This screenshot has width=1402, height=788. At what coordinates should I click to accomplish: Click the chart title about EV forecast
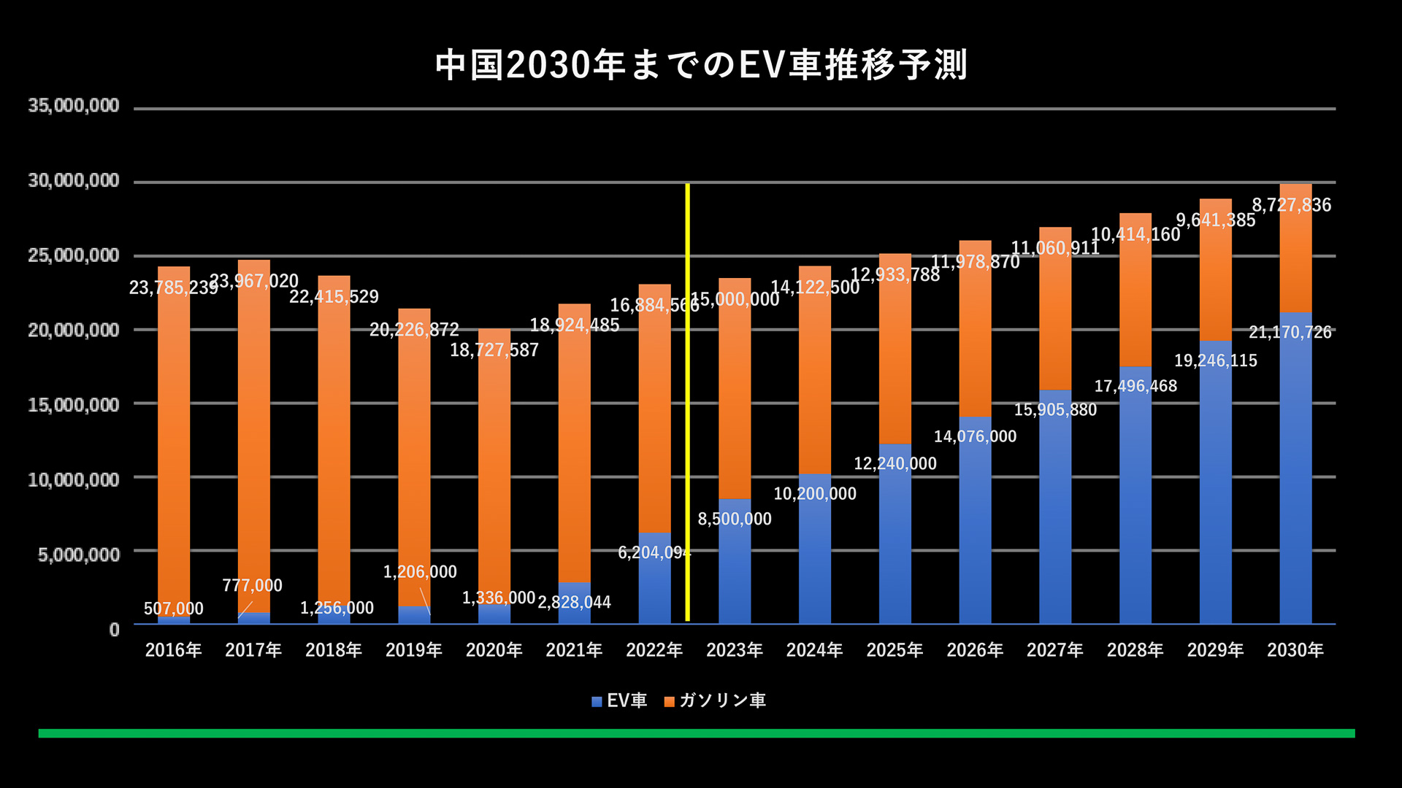[x=701, y=65]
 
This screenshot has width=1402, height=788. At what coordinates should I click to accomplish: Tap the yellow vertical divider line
[x=687, y=401]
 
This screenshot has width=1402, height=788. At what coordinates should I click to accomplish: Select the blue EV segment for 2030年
[x=1295, y=467]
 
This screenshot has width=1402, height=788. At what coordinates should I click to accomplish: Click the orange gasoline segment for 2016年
[x=174, y=438]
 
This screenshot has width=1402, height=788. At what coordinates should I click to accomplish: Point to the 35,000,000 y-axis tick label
[x=73, y=106]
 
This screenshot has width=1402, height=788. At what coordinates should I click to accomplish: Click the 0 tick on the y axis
[x=114, y=629]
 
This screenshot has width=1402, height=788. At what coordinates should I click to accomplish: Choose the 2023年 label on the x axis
[x=734, y=650]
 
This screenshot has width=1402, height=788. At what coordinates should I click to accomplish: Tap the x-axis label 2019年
[x=413, y=650]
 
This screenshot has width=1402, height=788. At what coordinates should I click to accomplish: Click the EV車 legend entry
[x=619, y=701]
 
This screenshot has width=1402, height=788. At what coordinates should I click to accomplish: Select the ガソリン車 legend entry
[x=715, y=701]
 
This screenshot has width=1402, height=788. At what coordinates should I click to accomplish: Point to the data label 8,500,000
[x=735, y=519]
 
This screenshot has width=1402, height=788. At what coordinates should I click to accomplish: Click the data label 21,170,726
[x=1290, y=333]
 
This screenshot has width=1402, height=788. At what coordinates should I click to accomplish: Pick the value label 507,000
[x=174, y=609]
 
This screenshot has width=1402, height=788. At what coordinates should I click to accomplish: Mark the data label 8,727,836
[x=1292, y=205]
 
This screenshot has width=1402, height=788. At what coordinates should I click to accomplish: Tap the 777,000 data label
[x=252, y=585]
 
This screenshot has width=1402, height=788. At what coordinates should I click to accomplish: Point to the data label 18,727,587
[x=494, y=350]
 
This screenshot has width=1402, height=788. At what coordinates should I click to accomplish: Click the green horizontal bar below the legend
[x=697, y=733]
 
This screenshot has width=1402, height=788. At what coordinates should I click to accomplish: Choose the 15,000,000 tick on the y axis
[x=73, y=405]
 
